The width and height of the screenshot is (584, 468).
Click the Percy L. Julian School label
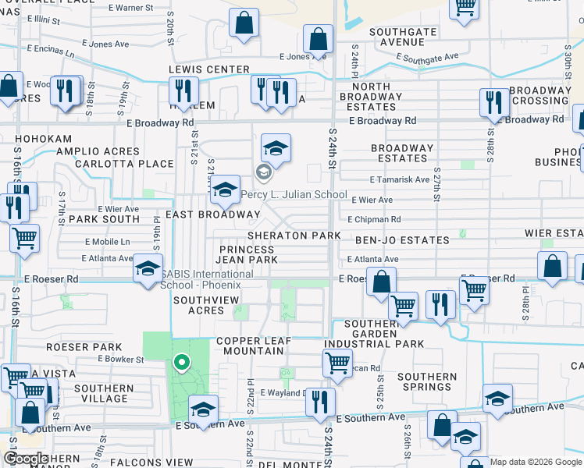tap(294, 194)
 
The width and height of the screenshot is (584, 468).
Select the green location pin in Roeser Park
tap(181, 363)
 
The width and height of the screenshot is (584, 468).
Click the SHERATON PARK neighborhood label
tap(294, 236)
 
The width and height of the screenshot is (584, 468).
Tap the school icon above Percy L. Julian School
tap(275, 147)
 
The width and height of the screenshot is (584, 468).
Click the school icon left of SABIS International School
tap(147, 269)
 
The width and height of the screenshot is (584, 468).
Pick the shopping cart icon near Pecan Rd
tap(337, 362)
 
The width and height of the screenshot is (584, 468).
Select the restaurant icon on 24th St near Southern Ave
tap(319, 402)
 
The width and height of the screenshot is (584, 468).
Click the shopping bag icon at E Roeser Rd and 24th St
tap(381, 281)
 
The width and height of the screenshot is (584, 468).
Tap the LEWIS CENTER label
tap(209, 69)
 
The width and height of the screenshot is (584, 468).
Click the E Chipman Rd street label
tap(374, 220)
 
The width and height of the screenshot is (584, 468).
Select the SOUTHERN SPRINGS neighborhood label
tap(426, 382)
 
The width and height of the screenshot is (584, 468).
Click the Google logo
tap(25, 459)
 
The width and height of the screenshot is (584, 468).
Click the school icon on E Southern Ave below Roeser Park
tap(203, 409)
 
